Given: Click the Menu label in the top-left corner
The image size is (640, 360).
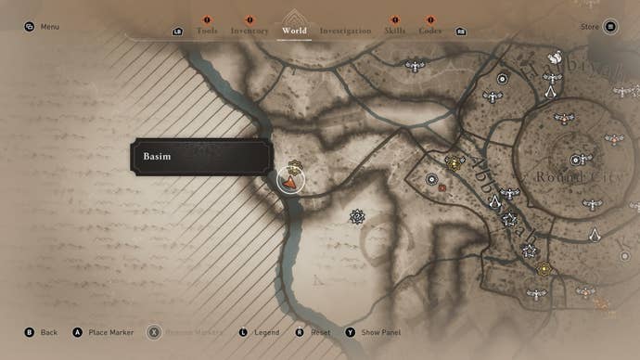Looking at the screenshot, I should point(49,27).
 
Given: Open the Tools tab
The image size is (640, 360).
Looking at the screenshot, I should point(207,31).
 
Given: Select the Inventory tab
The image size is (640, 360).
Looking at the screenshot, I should point(250,31).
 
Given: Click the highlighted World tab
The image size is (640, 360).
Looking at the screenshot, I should point(294,31).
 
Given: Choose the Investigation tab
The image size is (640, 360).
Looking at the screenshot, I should point(345,31).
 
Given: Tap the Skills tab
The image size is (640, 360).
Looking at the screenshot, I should point(395,31).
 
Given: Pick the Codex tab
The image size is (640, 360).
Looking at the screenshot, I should point(430,31).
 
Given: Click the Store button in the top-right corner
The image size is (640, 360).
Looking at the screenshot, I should point(590,27).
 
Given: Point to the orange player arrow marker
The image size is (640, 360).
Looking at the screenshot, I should point(291,182).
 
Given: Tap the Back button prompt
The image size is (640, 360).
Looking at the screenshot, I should point(48,332).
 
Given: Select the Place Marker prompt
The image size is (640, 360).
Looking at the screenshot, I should point(110,332).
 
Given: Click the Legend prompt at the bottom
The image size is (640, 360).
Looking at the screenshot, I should point(266,332).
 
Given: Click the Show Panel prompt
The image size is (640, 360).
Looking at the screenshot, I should point(378,332).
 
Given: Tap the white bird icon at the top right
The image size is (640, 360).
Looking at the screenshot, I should point(555,58).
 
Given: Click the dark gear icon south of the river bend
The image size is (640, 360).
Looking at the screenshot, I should point(357,216).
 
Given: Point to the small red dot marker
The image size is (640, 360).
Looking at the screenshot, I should point(442,188).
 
